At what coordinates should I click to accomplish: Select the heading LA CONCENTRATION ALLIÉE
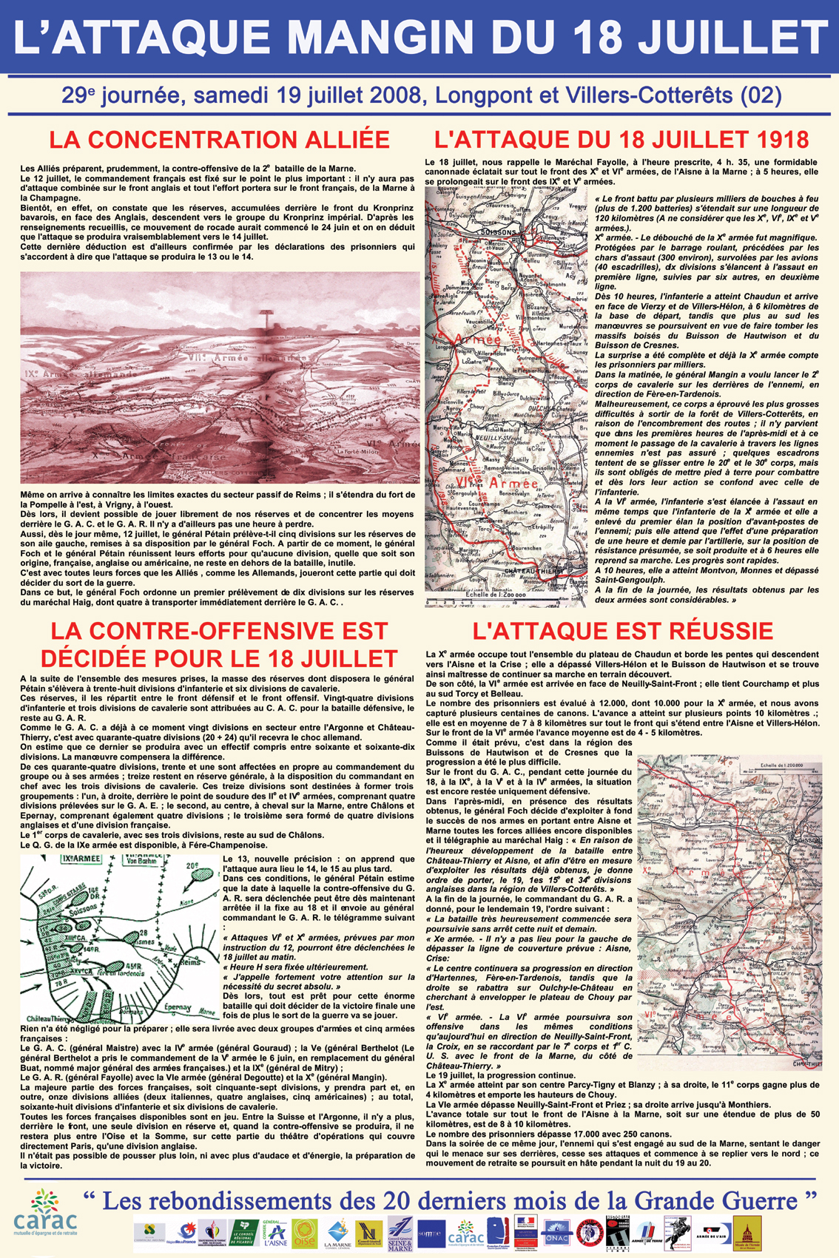tap(219, 140)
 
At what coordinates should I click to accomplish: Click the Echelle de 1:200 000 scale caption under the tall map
tap(496, 594)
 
